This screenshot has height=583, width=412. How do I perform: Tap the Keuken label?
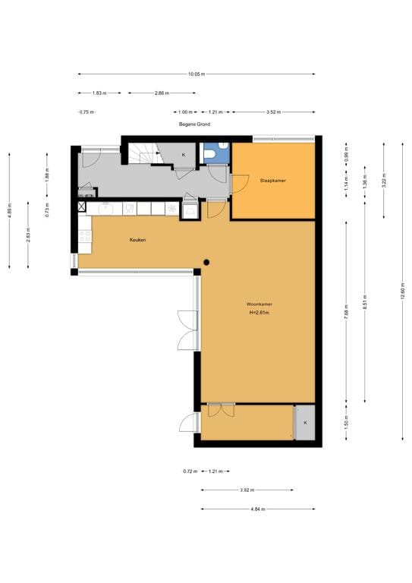tap(137, 240)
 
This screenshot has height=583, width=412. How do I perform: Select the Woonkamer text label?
tap(259, 304)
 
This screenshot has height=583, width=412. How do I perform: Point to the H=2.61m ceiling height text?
tap(259, 313)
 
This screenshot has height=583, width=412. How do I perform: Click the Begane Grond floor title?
tap(194, 124)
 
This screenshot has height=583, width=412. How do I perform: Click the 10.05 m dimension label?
tap(197, 74)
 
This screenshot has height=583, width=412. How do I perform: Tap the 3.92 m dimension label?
tap(247, 490)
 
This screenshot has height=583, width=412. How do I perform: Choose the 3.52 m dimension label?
tap(273, 112)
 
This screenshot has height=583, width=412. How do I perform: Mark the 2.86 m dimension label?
tap(161, 93)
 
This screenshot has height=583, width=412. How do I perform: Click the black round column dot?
tap(206, 262)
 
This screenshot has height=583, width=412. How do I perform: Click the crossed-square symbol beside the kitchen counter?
tap(83, 206)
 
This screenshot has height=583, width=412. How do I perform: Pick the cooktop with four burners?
tap(84, 236)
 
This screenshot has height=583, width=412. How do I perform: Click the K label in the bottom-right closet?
tap(305, 422)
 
